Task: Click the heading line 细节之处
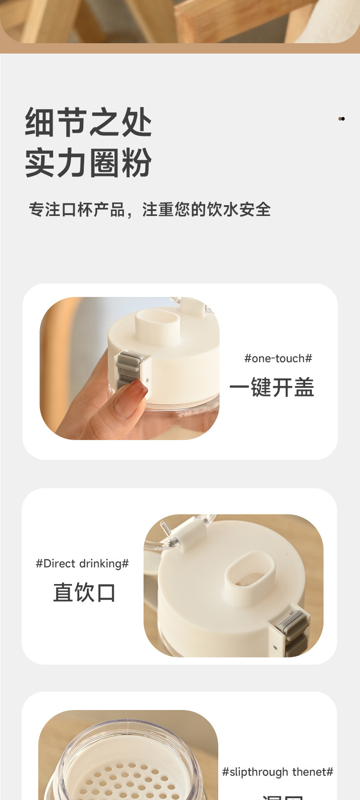pos(88,122)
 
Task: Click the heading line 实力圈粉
pos(88,162)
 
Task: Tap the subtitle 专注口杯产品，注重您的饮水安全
pos(149,210)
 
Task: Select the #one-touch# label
pos(278,358)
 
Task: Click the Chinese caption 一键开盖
pos(271,387)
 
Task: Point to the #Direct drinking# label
pos(82,563)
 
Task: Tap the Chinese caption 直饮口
pos(84,592)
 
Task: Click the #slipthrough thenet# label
pos(277,772)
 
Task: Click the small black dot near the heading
pos(342,119)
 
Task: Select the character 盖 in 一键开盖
pos(304,387)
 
